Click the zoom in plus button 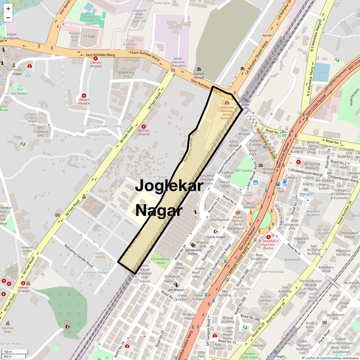pos(8,9)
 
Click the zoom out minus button pos(8,17)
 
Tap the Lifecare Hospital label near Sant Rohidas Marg pos(96,64)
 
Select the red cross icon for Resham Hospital pos(144,126)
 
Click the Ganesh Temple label pos(199,76)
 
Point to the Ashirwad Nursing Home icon pos(227,103)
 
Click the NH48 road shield pos(267,35)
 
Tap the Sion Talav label pos(321,73)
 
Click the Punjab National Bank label pos(238,221)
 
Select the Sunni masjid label pos(216,237)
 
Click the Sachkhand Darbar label pos(193,252)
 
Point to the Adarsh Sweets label pos(100,255)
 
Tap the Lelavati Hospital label pos(23,289)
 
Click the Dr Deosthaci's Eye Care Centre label pos(268,244)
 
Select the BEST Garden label pos(244,171)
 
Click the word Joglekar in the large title pos(169,186)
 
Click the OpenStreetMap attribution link pos(331,358)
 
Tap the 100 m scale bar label pos(8,352)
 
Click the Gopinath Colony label pos(107,126)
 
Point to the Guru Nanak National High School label pos(145,273)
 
